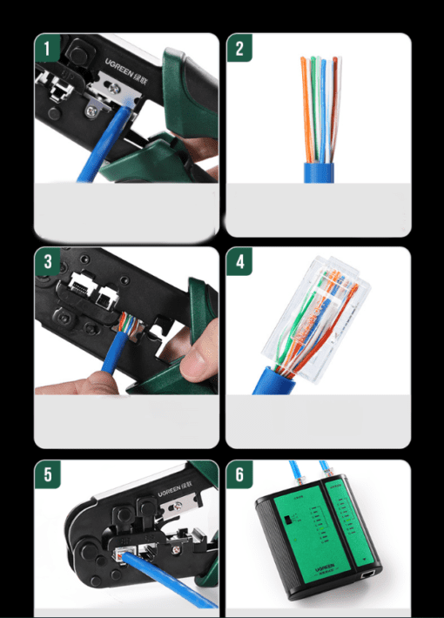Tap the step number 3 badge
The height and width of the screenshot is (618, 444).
pos(46,259)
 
